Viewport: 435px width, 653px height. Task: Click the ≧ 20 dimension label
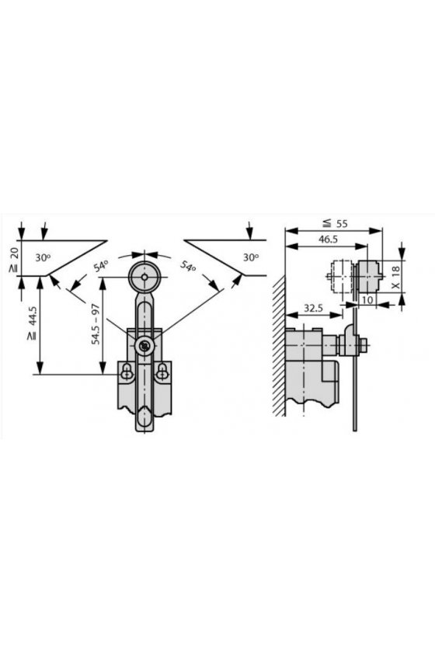coord(14,260)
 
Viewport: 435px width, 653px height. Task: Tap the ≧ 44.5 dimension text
coord(32,324)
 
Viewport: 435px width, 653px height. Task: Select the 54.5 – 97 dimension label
coord(96,324)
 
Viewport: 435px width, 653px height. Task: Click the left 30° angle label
coord(43,258)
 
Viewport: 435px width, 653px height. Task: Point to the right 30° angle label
coord(251,258)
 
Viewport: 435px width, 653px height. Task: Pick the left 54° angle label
coord(100,266)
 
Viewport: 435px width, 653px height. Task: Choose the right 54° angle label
coord(189,266)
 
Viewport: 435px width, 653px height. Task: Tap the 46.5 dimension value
coord(328,239)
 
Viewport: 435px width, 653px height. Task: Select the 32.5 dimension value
coord(314,308)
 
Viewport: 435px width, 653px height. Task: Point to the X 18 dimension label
coord(396,278)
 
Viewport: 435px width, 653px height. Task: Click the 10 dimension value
coord(367,299)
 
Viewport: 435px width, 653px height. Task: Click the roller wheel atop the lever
coord(144,277)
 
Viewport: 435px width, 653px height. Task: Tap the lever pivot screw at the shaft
coord(144,345)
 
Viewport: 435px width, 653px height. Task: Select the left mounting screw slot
coord(127,372)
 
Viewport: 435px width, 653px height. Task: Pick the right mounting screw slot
coord(162,372)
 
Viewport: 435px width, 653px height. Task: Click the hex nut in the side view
coord(363,345)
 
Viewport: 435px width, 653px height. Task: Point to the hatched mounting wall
coord(279,346)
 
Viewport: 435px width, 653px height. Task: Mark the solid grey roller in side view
coord(369,277)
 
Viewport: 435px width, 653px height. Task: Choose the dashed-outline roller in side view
coord(339,277)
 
